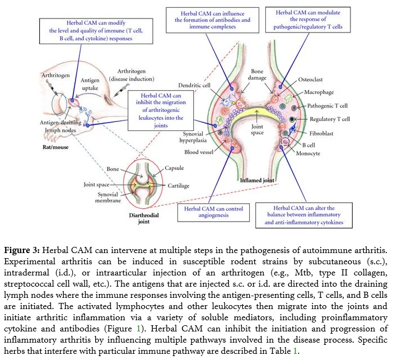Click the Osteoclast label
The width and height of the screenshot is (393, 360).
coord(310,80)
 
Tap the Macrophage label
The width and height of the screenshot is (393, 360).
coord(319,92)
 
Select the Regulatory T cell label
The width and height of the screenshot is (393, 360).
coord(330,119)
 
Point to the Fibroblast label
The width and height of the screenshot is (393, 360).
coord(321,133)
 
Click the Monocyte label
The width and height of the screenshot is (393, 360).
coord(308,153)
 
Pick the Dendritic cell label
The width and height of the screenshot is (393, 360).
coord(194,85)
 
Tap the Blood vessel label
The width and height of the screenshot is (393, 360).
coord(199,152)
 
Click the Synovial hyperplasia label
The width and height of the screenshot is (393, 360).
coord(193,137)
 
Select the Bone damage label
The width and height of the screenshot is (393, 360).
coord(257,74)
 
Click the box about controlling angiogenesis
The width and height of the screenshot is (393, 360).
coord(213,212)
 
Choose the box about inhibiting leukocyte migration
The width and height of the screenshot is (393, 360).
coord(161,110)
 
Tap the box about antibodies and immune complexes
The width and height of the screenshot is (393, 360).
coord(212,20)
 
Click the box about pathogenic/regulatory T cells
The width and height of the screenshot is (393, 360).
coord(308,20)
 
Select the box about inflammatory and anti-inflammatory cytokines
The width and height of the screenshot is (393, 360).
coord(304,215)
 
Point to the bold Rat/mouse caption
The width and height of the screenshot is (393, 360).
coord(55,147)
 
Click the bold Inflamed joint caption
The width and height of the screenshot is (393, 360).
coord(257,180)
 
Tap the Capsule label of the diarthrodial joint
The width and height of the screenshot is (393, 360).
coord(174,168)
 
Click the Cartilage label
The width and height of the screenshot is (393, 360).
coord(179,186)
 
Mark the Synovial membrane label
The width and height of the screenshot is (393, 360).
coord(108,198)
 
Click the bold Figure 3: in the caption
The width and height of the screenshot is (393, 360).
coord(22,250)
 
